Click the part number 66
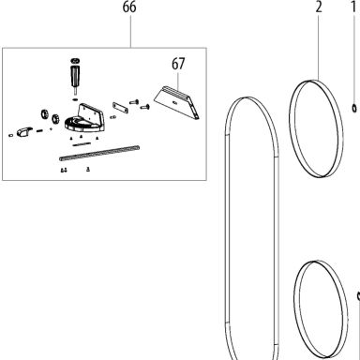pyautogui.click(x=129, y=7)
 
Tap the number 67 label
pyautogui.click(x=178, y=64)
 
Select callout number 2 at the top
pyautogui.click(x=319, y=7)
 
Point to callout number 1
pyautogui.click(x=353, y=7)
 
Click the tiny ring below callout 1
pyautogui.click(x=354, y=108)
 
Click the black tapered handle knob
pyautogui.click(x=75, y=76)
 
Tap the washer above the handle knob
pyautogui.click(x=75, y=61)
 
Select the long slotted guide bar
pyautogui.click(x=99, y=153)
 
